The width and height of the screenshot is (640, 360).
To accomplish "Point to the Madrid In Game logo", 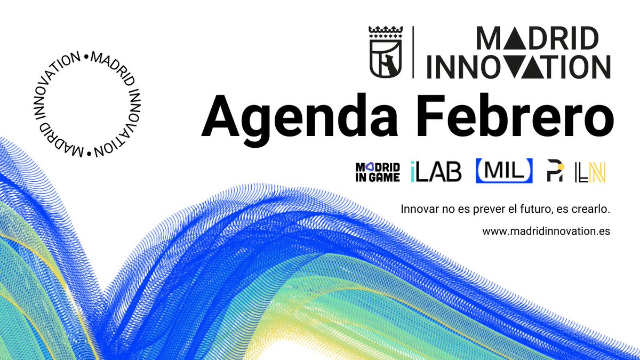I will pyautogui.click(x=378, y=172).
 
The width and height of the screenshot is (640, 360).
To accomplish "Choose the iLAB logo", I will pyautogui.click(x=436, y=172).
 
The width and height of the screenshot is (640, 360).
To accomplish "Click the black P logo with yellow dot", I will pyautogui.click(x=555, y=172).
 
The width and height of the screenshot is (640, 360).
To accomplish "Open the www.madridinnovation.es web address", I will pyautogui.click(x=546, y=231).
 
